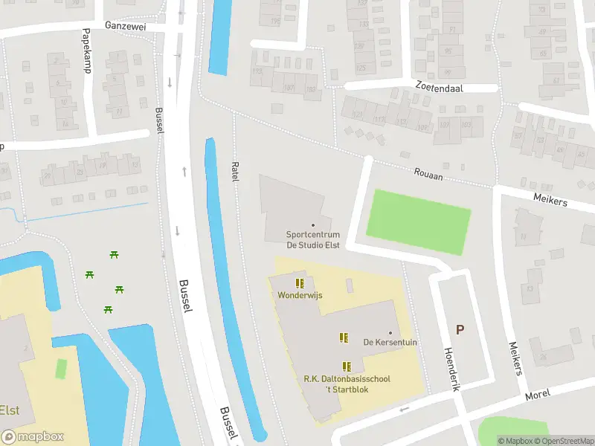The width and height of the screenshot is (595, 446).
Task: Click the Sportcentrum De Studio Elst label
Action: click(312, 239)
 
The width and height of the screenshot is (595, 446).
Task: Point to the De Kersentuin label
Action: click(389, 343)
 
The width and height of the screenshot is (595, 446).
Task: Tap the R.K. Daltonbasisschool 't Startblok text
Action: click(347, 384)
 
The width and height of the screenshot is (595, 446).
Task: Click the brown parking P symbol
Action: click(460, 329)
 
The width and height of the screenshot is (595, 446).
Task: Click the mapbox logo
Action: click(32, 437)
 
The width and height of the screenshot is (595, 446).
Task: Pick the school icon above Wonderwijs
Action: click(300, 283)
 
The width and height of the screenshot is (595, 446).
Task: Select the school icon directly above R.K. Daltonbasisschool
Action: click(347, 366)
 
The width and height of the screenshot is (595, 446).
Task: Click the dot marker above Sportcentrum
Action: click(312, 224)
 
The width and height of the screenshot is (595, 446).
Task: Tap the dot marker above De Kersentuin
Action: click(389, 332)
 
